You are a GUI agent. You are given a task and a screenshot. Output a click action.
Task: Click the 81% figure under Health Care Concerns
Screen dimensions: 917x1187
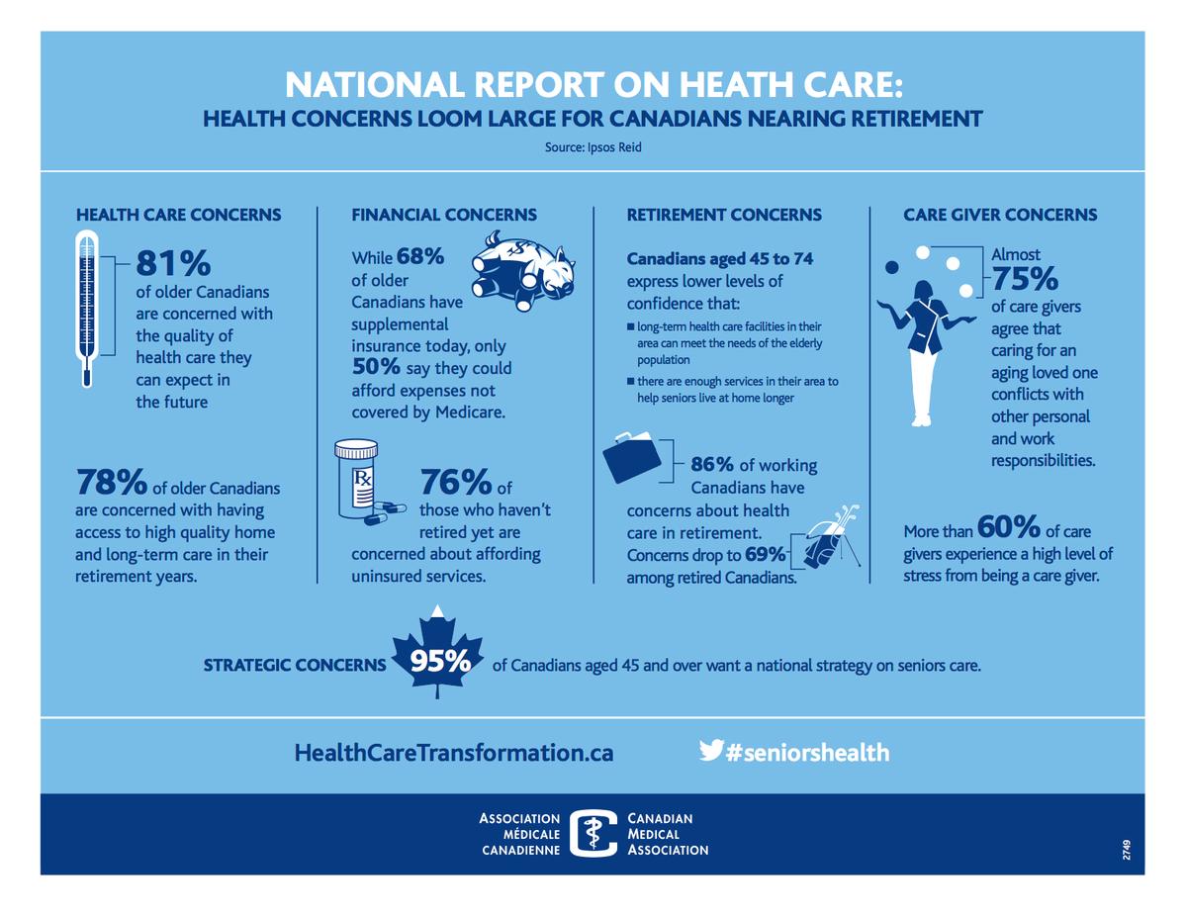pos(173,263)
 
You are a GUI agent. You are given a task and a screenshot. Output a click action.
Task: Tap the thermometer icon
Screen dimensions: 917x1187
pos(87,309)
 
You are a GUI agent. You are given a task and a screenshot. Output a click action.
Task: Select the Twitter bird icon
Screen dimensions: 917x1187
pos(710,751)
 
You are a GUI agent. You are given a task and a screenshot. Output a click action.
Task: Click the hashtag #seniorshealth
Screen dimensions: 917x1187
pos(806,753)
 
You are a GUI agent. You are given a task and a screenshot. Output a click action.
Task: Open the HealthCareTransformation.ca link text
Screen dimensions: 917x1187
pos(454,753)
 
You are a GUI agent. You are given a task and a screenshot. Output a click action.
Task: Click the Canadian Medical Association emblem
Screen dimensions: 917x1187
pos(593,834)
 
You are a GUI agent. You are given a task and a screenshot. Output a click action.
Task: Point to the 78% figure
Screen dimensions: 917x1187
pos(112,484)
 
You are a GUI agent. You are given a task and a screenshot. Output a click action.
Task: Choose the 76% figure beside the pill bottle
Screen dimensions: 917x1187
pos(456,484)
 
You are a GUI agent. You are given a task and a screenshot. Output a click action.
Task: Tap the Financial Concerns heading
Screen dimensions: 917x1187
pos(444,215)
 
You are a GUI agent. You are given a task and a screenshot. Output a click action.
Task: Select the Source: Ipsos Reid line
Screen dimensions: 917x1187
pos(593,148)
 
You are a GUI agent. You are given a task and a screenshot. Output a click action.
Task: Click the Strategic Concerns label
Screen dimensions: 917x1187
pos(294,665)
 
